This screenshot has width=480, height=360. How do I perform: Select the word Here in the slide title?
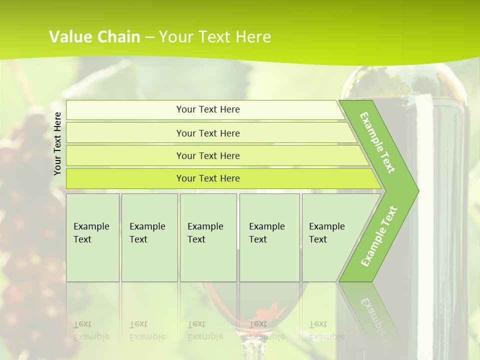pyautogui.click(x=253, y=37)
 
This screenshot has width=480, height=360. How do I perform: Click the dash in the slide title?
pyautogui.click(x=150, y=37)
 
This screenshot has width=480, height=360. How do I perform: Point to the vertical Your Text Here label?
pyautogui.click(x=57, y=143)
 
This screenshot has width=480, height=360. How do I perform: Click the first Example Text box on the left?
pyautogui.click(x=92, y=237)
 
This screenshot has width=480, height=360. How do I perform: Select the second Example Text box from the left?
pyautogui.click(x=149, y=237)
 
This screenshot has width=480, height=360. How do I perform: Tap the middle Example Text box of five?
pyautogui.click(x=208, y=237)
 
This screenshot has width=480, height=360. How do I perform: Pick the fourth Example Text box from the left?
pyautogui.click(x=269, y=237)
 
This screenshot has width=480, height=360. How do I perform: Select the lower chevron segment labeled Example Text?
pyautogui.click(x=378, y=236)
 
